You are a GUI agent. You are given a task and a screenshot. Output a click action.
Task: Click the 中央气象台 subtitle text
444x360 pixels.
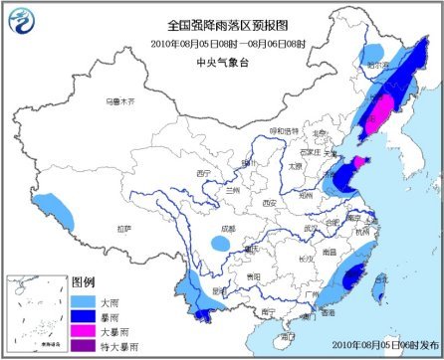coord(221,58)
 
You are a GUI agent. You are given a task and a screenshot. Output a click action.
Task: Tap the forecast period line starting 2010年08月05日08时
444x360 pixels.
coord(221,44)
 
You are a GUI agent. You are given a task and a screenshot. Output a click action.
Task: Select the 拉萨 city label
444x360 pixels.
coord(123,228)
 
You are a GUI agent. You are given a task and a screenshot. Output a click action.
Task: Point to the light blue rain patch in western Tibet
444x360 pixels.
coord(57,208)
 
